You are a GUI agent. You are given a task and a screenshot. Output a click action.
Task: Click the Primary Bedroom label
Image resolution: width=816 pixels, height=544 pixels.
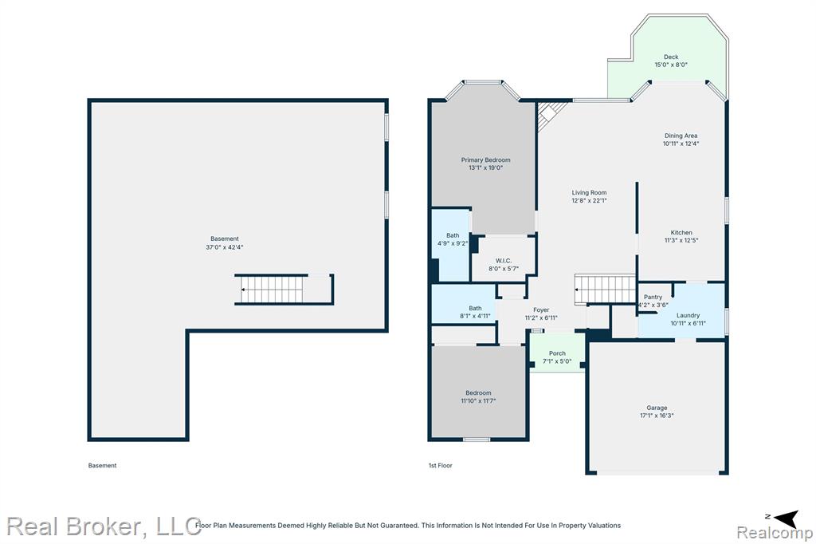click(485, 160)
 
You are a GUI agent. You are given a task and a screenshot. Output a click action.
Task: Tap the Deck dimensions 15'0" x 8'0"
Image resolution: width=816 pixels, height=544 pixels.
click(671, 65)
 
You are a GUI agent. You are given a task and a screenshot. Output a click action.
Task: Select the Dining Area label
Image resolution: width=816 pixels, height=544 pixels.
click(681, 136)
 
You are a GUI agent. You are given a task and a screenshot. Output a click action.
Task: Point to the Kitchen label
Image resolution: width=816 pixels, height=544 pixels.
click(681, 232)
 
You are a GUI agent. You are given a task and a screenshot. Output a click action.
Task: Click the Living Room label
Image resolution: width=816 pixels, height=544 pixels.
click(589, 192)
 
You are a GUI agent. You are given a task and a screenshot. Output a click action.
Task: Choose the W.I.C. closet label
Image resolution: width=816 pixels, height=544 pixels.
click(504, 261)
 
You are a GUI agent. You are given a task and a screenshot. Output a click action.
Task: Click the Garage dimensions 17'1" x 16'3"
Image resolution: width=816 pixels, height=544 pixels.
click(657, 416)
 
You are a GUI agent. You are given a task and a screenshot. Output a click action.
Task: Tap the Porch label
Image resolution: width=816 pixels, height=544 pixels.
click(557, 353)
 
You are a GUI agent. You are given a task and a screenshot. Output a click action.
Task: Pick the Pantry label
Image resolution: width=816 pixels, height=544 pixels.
click(653, 297)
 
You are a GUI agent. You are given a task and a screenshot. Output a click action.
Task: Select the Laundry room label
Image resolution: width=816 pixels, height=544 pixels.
click(688, 315)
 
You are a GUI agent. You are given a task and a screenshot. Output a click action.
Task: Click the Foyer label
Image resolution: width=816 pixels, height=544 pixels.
click(541, 310)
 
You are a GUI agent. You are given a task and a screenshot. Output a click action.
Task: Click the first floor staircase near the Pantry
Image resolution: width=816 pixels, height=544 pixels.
click(606, 289)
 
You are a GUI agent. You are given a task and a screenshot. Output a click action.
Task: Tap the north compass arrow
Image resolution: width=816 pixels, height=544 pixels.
click(787, 518)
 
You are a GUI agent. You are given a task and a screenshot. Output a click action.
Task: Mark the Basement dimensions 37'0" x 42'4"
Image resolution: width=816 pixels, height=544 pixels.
click(224, 247)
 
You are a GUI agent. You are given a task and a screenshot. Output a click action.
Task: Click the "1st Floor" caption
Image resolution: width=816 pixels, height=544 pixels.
click(440, 465)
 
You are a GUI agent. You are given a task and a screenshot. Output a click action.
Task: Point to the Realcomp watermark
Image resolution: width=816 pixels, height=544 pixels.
click(775, 534)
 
